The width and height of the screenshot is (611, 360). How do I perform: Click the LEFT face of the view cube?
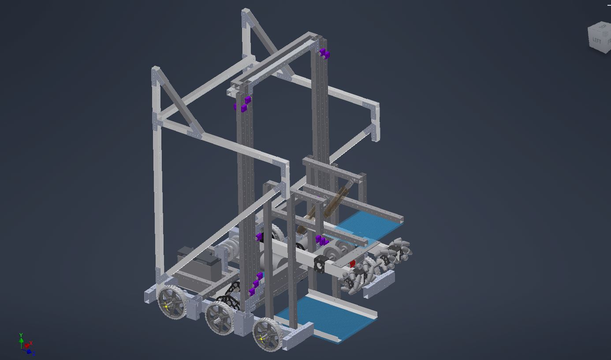coord(596,41)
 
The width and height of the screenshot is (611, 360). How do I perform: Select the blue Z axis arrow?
coord(30,352)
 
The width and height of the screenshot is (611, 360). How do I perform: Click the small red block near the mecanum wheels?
coord(352,264)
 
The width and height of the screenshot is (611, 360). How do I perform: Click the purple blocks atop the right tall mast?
coord(324,53)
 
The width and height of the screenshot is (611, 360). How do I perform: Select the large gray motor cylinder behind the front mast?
coord(273,260)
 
